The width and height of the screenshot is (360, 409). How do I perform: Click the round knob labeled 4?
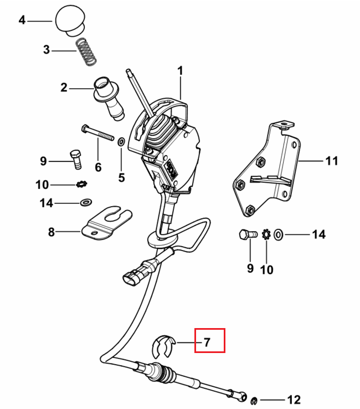tap(70, 20)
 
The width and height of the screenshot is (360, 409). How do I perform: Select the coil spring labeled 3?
tap(86, 52)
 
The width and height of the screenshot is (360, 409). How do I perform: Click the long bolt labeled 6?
tap(98, 133)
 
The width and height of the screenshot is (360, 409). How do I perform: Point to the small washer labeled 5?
tap(121, 142)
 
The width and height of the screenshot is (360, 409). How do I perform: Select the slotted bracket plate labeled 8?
tap(106, 223)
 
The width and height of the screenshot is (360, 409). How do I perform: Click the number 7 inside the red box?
tap(207, 342)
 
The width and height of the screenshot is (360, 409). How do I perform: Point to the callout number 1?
tap(180, 71)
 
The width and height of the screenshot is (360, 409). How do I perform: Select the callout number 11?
tap(332, 161)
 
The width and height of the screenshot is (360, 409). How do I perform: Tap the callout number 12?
tap(294, 400)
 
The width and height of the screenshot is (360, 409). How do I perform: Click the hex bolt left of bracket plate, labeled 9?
tap(76, 159)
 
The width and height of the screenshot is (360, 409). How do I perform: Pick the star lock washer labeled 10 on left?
tap(81, 184)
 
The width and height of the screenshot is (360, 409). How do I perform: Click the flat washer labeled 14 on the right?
tap(279, 234)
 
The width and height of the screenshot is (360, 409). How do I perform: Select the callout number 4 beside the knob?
tap(22, 20)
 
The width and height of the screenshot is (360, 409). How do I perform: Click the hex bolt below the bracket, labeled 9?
tap(248, 234)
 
